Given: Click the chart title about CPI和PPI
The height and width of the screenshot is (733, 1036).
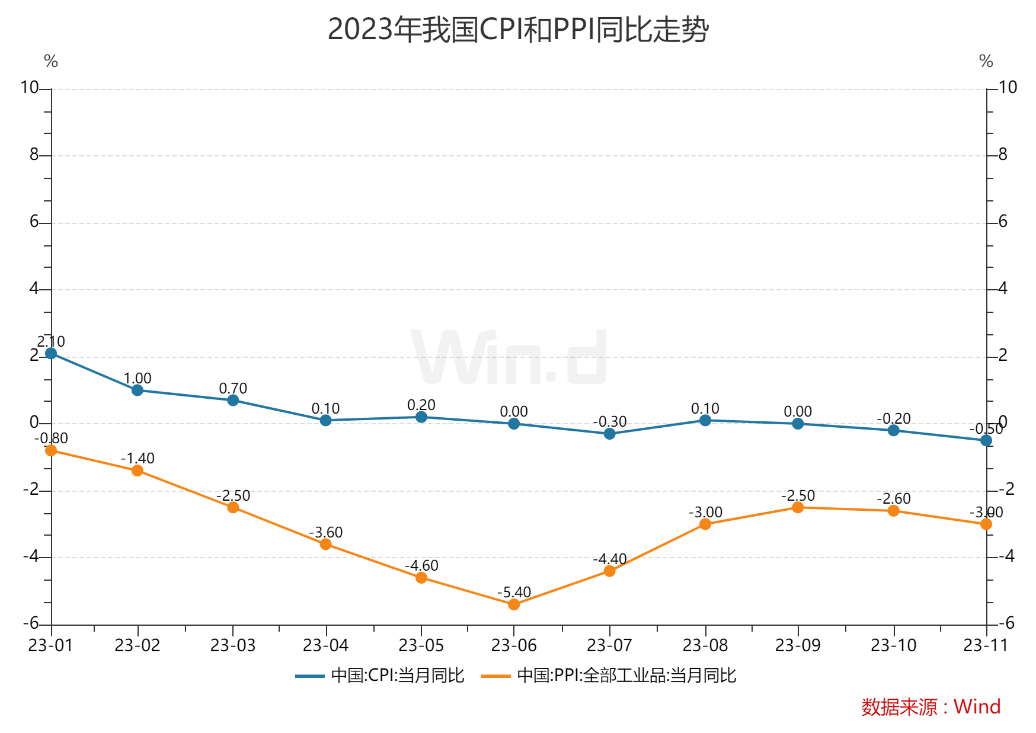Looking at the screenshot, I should pos(517,29).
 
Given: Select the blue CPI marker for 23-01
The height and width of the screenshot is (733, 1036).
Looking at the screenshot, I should pos(51,353).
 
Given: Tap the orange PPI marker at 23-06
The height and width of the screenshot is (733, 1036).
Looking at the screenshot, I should pos(514,604).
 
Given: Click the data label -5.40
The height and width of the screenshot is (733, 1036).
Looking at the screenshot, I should pos(514,592).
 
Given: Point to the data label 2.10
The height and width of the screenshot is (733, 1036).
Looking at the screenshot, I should pos(51,341).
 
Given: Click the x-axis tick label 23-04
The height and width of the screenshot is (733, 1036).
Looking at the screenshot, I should pos(325,645).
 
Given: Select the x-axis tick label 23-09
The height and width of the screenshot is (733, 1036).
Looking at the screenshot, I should pos(798,645).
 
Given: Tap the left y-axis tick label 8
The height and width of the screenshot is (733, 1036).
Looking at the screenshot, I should pos(34,155).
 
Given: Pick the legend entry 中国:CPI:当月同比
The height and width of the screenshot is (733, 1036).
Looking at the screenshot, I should pos(380,676).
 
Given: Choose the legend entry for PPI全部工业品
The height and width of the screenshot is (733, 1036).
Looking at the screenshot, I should pos(609,676).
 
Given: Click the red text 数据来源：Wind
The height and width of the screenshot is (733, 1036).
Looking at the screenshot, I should pos(931,706).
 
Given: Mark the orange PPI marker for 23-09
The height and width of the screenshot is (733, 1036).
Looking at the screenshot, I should pos(798,507).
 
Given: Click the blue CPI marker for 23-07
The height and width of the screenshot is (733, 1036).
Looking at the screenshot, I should pos(609,434).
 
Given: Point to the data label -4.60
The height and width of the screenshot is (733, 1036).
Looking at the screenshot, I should pos(421,565).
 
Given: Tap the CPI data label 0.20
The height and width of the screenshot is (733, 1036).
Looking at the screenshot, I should pos(421,405).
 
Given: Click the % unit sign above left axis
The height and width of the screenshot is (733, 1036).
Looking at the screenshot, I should pos(51,61).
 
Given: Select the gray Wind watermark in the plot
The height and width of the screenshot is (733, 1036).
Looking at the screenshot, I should pos(509,357).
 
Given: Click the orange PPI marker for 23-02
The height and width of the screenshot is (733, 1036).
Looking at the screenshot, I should pos(138,470).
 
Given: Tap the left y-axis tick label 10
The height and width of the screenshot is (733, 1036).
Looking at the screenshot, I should pos(29,88).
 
